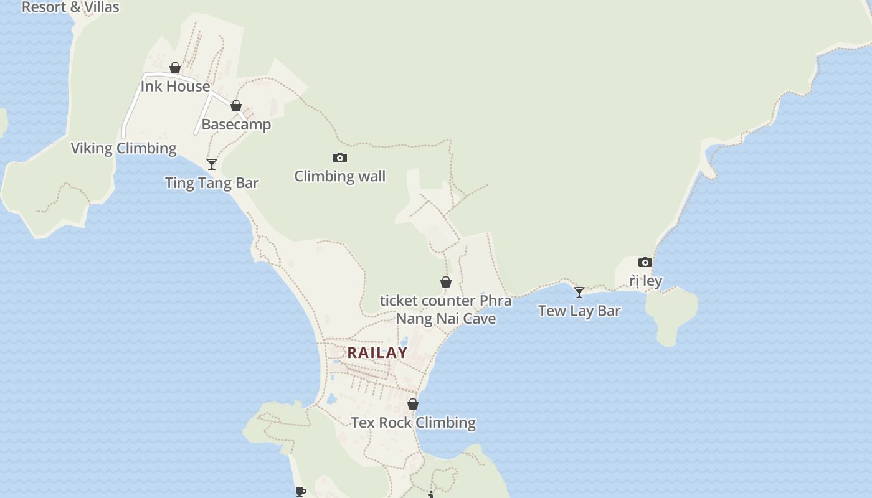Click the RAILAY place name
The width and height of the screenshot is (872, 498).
[377, 352]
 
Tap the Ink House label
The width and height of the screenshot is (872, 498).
[175, 86]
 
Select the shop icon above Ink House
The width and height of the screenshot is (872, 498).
[175, 68]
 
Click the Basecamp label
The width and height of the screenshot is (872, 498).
[236, 125]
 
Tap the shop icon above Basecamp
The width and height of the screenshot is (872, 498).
[236, 106]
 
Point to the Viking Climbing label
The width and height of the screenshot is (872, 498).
[123, 148]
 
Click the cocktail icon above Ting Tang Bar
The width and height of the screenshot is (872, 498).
[212, 164]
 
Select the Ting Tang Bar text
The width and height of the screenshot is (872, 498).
[212, 182]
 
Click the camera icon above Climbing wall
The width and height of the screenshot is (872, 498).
[339, 158]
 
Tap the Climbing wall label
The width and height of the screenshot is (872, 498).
[339, 176]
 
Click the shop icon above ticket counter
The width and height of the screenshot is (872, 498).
[446, 283]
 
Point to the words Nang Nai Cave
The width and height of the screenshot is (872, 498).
[446, 319]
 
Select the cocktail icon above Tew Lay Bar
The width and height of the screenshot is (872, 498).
[579, 293]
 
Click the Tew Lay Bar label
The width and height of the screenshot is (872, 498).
[579, 311]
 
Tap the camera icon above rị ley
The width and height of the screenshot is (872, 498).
[645, 263]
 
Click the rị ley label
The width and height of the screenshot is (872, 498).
[645, 281]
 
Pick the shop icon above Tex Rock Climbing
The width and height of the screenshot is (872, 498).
[413, 405]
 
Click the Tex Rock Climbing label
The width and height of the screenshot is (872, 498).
[413, 423]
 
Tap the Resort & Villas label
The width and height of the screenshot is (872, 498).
[70, 7]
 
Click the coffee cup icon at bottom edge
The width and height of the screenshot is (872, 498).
[301, 492]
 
